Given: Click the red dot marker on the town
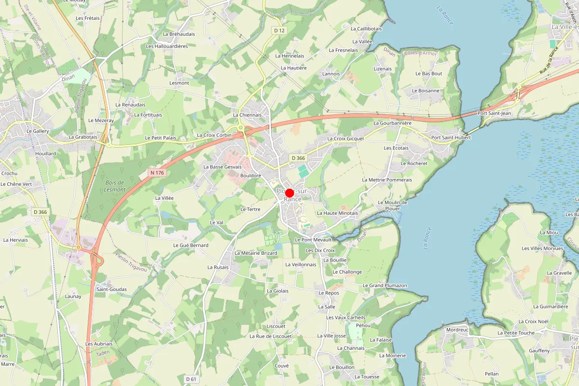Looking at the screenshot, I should (x=289, y=193).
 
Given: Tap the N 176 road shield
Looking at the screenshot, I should (x=157, y=172).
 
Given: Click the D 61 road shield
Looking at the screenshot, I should (x=191, y=379).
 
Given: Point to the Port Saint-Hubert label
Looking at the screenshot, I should (x=451, y=138).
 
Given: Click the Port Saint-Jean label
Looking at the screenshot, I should (x=494, y=113).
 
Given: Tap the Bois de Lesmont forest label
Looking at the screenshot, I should (x=115, y=186).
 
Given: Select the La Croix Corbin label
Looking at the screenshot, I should (x=214, y=135).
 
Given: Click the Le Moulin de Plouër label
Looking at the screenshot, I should (x=392, y=206).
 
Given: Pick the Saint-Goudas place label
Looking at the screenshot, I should (x=111, y=289).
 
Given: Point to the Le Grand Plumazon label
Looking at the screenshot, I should (x=385, y=285).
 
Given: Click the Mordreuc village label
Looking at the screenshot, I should (x=457, y=330).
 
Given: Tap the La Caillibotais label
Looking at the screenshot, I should (x=366, y=29).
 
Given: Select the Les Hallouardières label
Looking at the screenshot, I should (x=166, y=46).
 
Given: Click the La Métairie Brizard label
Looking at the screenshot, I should (x=256, y=253).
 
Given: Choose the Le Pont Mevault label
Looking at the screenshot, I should (x=313, y=239).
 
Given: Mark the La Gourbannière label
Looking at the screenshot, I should (x=392, y=123).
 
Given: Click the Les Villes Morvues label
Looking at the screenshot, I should (x=542, y=248).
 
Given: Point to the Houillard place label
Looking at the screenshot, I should (x=45, y=153).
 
